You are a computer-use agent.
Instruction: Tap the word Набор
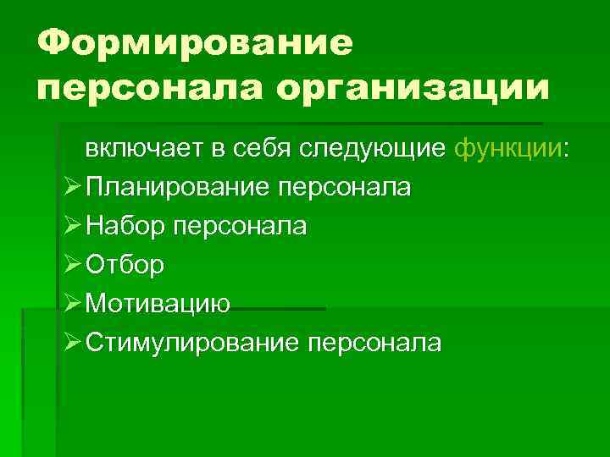[x=123, y=226]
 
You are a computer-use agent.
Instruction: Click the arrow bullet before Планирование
[x=70, y=187]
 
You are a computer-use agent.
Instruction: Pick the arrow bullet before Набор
[x=70, y=226]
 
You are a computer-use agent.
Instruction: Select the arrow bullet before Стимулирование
[x=70, y=343]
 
